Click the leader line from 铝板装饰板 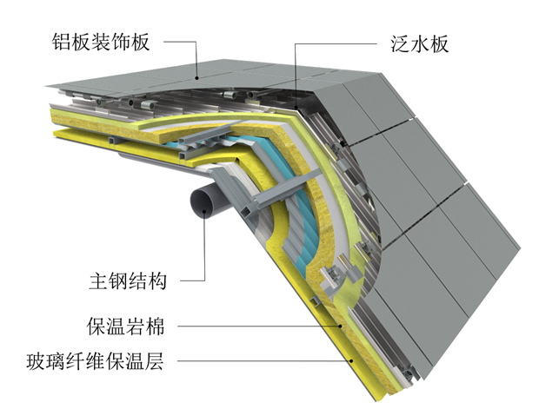point(178,41)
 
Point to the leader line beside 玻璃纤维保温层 point(261,360)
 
